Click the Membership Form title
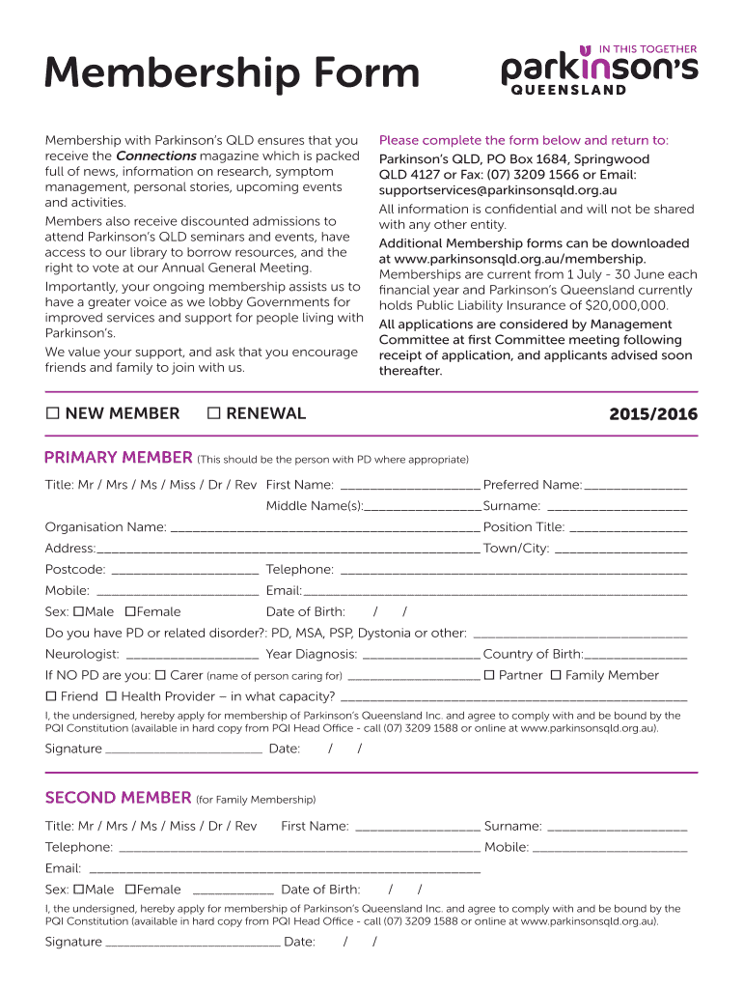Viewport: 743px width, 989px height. click(233, 73)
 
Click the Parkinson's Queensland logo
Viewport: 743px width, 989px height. click(598, 70)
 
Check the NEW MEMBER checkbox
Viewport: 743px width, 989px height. click(53, 414)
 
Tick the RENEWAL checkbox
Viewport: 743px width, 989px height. click(214, 414)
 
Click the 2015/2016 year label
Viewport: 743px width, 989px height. click(652, 415)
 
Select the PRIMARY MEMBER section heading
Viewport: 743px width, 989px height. click(119, 458)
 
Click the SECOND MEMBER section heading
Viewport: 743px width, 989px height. click(119, 798)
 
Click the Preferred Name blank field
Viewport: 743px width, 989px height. click(636, 486)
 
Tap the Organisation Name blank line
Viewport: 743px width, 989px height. click(324, 528)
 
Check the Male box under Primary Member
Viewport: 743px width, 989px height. click(79, 612)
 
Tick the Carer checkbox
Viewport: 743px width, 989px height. click(161, 675)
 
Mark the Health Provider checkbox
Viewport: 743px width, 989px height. click(111, 696)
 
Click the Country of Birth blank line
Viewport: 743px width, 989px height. click(636, 656)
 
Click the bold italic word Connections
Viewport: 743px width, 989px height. click(155, 156)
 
